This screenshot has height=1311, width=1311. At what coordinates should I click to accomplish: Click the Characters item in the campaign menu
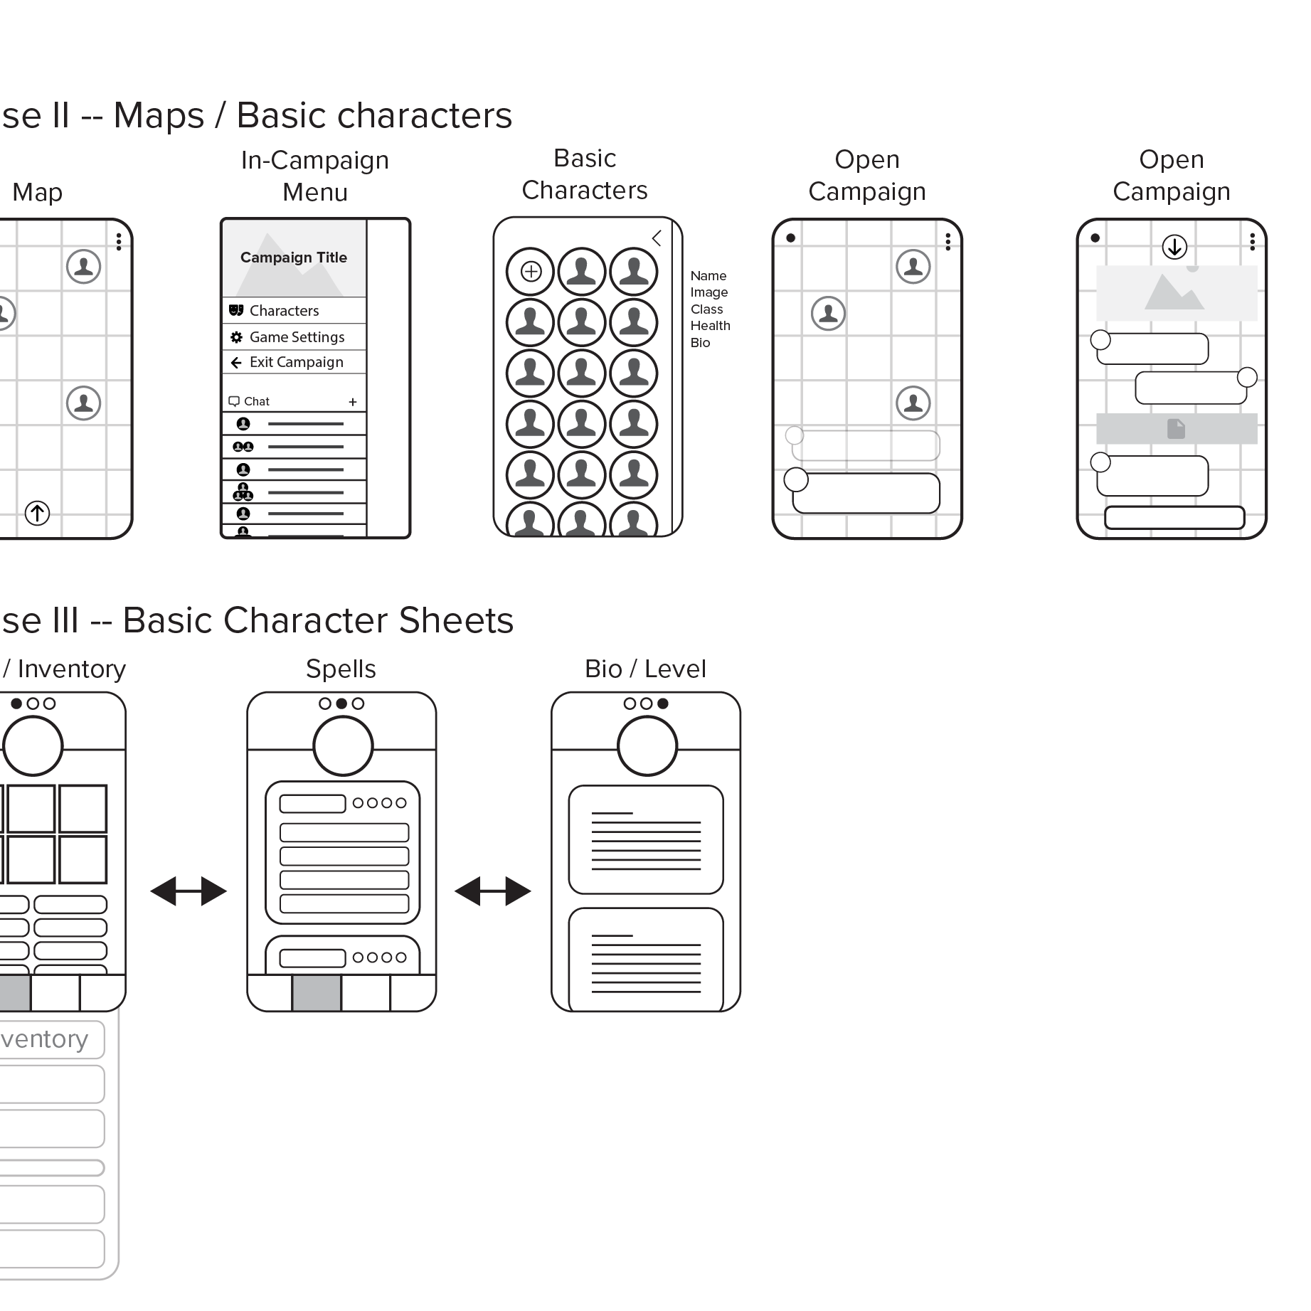[x=284, y=311]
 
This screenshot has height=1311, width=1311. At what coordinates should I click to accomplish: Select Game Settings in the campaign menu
[x=296, y=337]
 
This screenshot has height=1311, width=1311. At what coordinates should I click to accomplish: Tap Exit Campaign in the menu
[x=295, y=362]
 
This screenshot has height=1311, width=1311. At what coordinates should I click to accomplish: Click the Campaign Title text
[x=294, y=258]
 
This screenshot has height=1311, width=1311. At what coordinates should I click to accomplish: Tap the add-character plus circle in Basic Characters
[x=531, y=271]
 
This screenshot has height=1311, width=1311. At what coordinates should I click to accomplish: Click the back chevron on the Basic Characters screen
[x=657, y=238]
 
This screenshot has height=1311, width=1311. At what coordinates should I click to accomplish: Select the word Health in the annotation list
[x=710, y=326]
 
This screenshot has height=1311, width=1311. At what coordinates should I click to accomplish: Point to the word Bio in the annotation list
[x=700, y=343]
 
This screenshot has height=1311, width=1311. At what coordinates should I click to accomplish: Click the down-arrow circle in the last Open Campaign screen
[x=1174, y=247]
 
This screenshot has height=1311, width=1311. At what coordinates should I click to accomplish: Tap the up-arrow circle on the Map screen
[x=37, y=513]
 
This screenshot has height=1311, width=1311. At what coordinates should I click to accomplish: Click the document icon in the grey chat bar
[x=1176, y=428]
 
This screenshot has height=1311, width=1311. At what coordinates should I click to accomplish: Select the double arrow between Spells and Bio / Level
[x=492, y=891]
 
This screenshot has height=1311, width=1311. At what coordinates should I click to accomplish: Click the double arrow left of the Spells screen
[x=189, y=891]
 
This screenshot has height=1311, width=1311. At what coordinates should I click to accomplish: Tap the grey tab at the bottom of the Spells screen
[x=317, y=993]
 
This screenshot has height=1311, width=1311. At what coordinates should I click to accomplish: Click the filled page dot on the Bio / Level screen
[x=663, y=704]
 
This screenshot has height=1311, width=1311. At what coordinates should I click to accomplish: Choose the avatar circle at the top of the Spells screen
[x=343, y=745]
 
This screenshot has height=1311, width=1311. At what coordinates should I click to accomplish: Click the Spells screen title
[x=341, y=669]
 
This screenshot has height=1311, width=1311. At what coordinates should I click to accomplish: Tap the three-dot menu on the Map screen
[x=119, y=242]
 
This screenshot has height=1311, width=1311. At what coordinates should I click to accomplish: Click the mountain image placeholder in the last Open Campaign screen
[x=1176, y=293]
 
